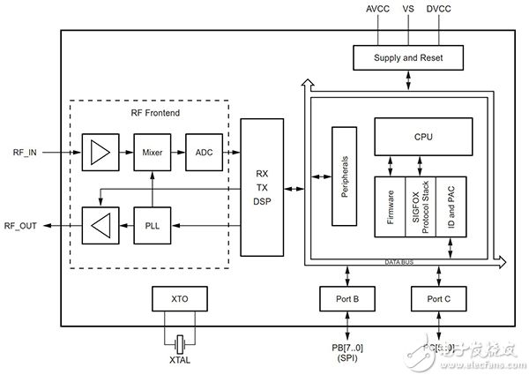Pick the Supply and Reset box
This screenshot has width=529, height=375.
point(407,57)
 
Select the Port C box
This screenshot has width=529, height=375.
point(438,298)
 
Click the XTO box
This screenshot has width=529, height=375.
point(179,298)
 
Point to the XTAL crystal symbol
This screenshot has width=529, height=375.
point(179,341)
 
